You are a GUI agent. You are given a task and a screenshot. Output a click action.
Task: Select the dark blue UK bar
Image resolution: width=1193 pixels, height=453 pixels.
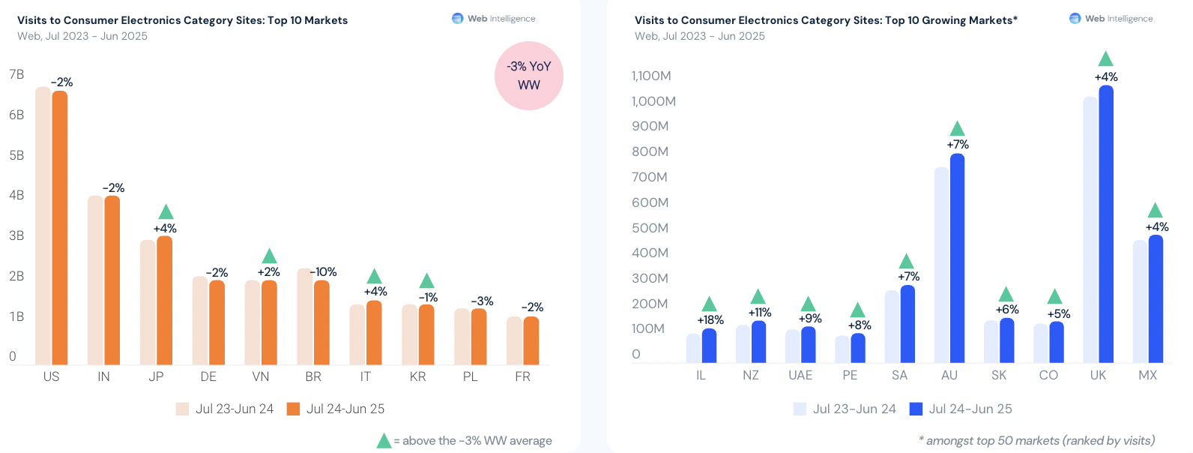click(1106, 225)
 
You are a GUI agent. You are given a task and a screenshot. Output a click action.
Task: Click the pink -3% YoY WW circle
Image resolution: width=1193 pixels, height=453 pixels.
click(529, 76)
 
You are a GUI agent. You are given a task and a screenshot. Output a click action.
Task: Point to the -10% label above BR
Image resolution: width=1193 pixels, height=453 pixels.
click(324, 272)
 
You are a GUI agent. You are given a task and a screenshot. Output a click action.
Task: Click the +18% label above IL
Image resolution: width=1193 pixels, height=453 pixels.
click(710, 320)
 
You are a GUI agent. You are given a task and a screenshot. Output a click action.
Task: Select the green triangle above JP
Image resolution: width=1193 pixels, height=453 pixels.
click(166, 213)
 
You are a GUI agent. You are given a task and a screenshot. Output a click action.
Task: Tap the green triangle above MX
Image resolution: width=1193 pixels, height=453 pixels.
click(1156, 211)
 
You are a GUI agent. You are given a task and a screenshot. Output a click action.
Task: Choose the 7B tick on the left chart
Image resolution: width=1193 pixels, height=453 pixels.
click(16, 74)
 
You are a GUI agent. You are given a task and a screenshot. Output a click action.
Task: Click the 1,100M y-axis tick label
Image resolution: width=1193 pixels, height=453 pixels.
click(651, 76)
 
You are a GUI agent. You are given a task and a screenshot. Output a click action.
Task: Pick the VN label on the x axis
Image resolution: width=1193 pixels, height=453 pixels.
click(261, 376)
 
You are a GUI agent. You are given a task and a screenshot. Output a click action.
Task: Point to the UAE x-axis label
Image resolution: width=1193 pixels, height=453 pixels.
click(800, 375)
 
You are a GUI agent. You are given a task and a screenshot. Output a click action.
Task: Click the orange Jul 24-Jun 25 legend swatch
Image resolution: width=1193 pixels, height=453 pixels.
click(294, 409)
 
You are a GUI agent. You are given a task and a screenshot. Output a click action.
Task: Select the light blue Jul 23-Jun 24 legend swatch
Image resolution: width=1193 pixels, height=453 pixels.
click(800, 409)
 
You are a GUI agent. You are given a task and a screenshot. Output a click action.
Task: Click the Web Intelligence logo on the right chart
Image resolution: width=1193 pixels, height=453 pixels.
click(1075, 19)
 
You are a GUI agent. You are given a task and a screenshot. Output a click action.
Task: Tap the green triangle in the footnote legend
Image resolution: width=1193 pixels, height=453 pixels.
click(384, 441)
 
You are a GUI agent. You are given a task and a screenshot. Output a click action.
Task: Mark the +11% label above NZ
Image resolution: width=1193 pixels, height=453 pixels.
click(760, 313)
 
